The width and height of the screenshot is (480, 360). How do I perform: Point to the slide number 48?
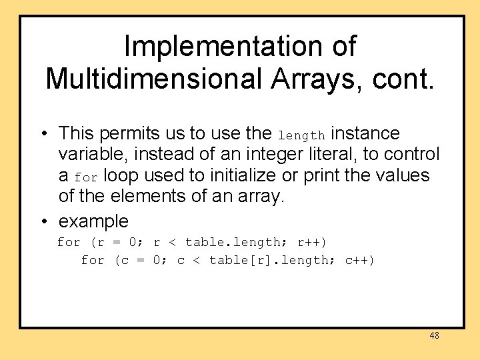tap(434, 336)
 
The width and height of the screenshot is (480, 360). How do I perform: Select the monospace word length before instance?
tap(301, 135)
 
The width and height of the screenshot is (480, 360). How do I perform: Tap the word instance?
tap(365, 134)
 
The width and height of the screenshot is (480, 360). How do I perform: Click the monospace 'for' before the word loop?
tap(86, 178)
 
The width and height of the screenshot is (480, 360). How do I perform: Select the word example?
tap(93, 221)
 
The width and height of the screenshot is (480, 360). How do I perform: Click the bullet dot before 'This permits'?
tap(42, 134)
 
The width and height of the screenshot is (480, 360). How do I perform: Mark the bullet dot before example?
tap(42, 221)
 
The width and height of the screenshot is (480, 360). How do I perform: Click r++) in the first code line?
tap(311, 242)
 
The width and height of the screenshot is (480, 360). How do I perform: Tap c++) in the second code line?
tap(359, 260)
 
